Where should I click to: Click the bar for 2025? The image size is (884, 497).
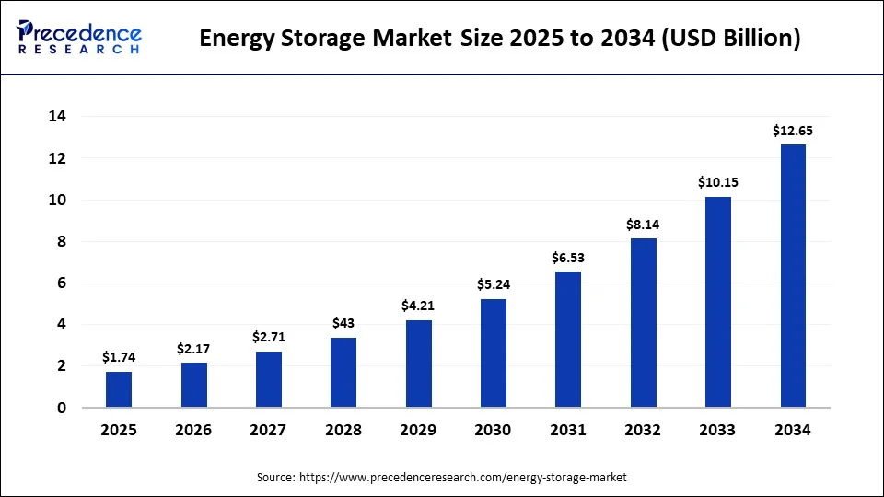(119, 389)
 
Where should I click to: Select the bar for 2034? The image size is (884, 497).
(793, 276)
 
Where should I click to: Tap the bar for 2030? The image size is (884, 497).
(493, 353)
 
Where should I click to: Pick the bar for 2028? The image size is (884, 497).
(343, 372)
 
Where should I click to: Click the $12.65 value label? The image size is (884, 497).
(793, 131)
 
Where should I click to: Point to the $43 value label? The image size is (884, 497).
(343, 323)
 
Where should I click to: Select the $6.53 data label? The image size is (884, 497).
(568, 258)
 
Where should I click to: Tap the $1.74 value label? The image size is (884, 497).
(119, 357)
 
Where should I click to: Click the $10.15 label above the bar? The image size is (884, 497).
(718, 182)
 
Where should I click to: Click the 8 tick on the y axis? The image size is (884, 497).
(60, 242)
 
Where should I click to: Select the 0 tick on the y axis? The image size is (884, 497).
(60, 408)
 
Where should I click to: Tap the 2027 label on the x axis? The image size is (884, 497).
(268, 430)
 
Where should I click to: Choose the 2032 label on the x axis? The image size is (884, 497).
(643, 430)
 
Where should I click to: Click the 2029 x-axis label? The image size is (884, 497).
(418, 430)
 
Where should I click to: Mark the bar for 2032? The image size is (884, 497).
(643, 322)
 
